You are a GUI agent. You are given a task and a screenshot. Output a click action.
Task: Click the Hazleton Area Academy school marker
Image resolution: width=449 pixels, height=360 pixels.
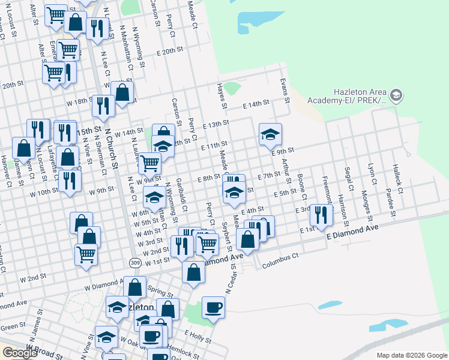pyautogui.click(x=396, y=95)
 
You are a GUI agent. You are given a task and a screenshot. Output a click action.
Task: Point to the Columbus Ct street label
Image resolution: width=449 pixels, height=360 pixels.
pyautogui.click(x=279, y=257)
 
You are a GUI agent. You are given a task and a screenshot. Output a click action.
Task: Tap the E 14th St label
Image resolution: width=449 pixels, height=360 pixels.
pyautogui.click(x=256, y=104)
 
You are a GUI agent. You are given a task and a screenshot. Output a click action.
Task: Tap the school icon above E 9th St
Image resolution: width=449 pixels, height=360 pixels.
pyautogui.click(x=270, y=134)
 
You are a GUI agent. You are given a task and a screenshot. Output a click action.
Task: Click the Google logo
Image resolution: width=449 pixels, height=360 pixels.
pyautogui.click(x=20, y=353)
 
